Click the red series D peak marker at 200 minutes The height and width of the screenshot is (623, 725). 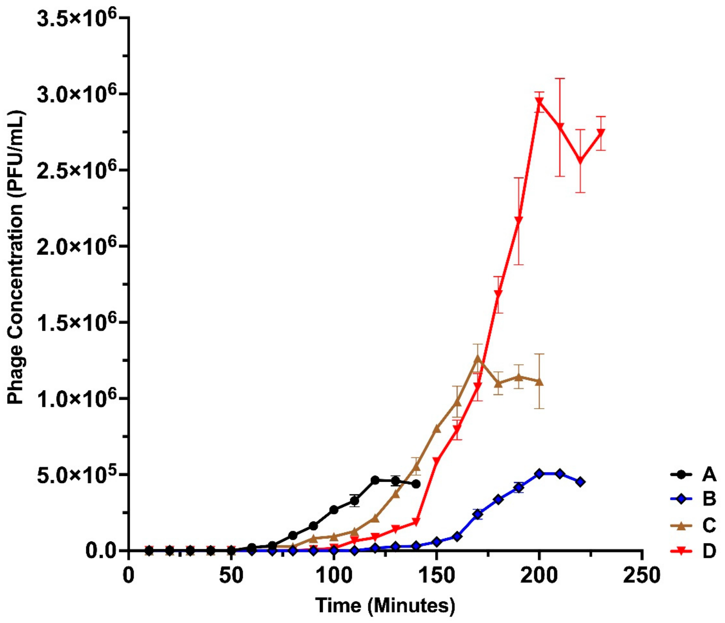tap(539, 102)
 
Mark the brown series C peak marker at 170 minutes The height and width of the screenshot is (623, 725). tap(478, 359)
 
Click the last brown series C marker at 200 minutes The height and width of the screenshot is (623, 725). tap(539, 382)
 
